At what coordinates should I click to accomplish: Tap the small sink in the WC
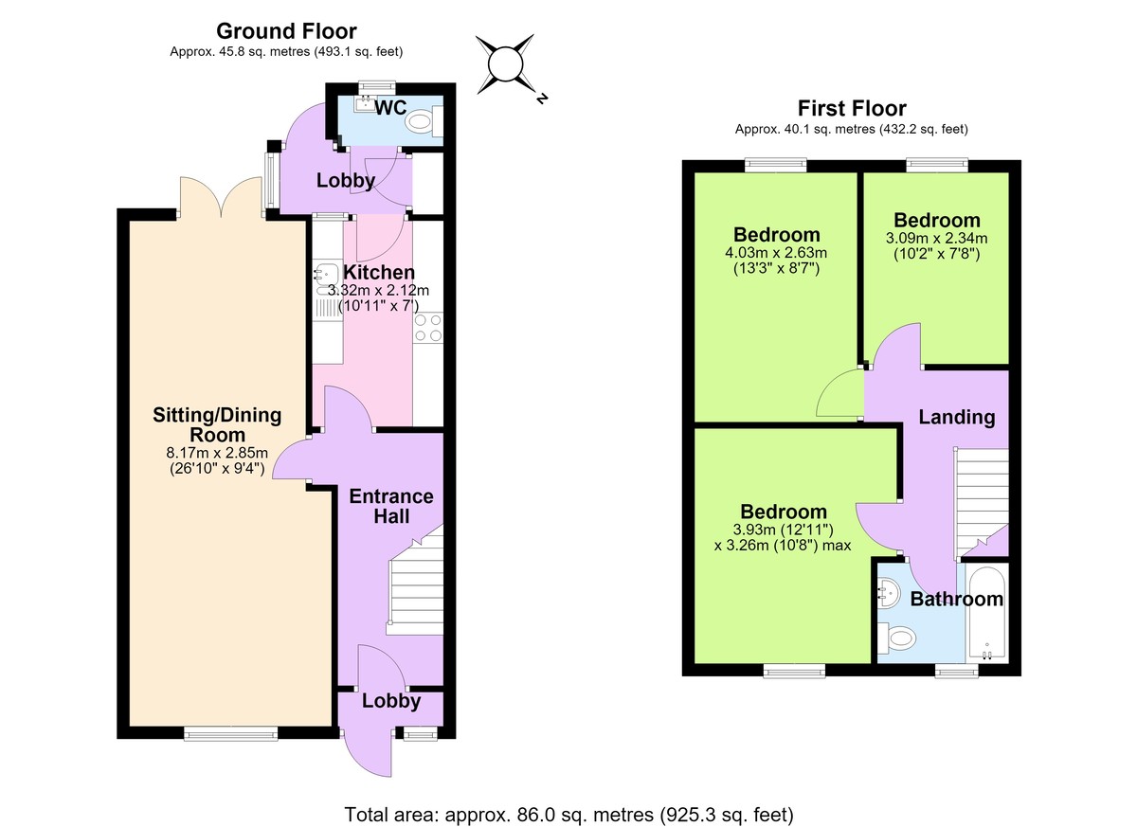pyautogui.click(x=364, y=104)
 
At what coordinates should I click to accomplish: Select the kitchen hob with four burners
pyautogui.click(x=428, y=328)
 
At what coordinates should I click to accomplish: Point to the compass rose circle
pyautogui.click(x=505, y=64)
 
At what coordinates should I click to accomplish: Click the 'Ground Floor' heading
pyautogui.click(x=286, y=31)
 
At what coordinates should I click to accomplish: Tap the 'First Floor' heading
pyautogui.click(x=852, y=108)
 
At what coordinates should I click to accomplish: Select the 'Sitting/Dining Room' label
pyautogui.click(x=217, y=424)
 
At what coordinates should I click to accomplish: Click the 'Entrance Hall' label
pyautogui.click(x=391, y=506)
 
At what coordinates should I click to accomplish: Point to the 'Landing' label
pyautogui.click(x=957, y=417)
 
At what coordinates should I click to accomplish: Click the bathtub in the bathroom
pyautogui.click(x=987, y=612)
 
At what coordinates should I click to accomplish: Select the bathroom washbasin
pyautogui.click(x=889, y=594)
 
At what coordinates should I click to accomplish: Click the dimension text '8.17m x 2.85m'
pyautogui.click(x=217, y=453)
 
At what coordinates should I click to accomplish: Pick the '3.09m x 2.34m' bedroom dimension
pyautogui.click(x=936, y=238)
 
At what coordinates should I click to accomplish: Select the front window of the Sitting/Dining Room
pyautogui.click(x=231, y=733)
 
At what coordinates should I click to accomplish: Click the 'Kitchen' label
pyautogui.click(x=379, y=273)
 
